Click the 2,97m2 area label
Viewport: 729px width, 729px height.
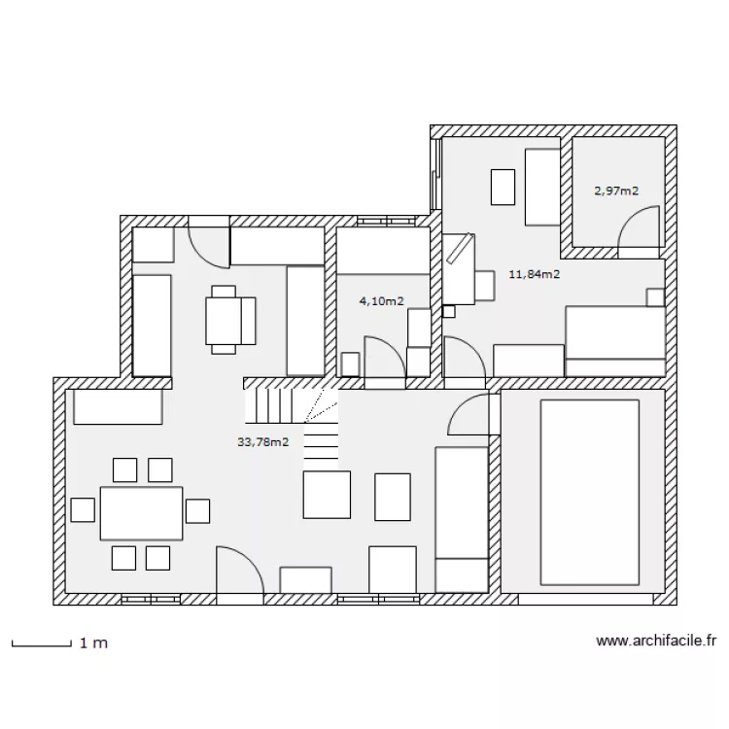[x=616, y=191]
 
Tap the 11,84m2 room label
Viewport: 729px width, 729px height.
[x=534, y=274]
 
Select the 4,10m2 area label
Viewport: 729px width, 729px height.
[x=381, y=301]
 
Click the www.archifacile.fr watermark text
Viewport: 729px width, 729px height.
[x=656, y=642]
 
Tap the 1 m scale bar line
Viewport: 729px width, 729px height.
[x=41, y=642]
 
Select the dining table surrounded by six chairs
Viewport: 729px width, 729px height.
[x=141, y=513]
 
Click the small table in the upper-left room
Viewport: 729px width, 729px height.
[x=224, y=319]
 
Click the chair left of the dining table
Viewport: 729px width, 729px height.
[x=83, y=509]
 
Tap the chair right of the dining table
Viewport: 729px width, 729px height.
[x=198, y=509]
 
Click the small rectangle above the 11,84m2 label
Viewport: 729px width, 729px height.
[x=503, y=187]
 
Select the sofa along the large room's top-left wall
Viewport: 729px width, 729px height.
[x=118, y=406]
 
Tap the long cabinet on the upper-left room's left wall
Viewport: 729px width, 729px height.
[x=152, y=325]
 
